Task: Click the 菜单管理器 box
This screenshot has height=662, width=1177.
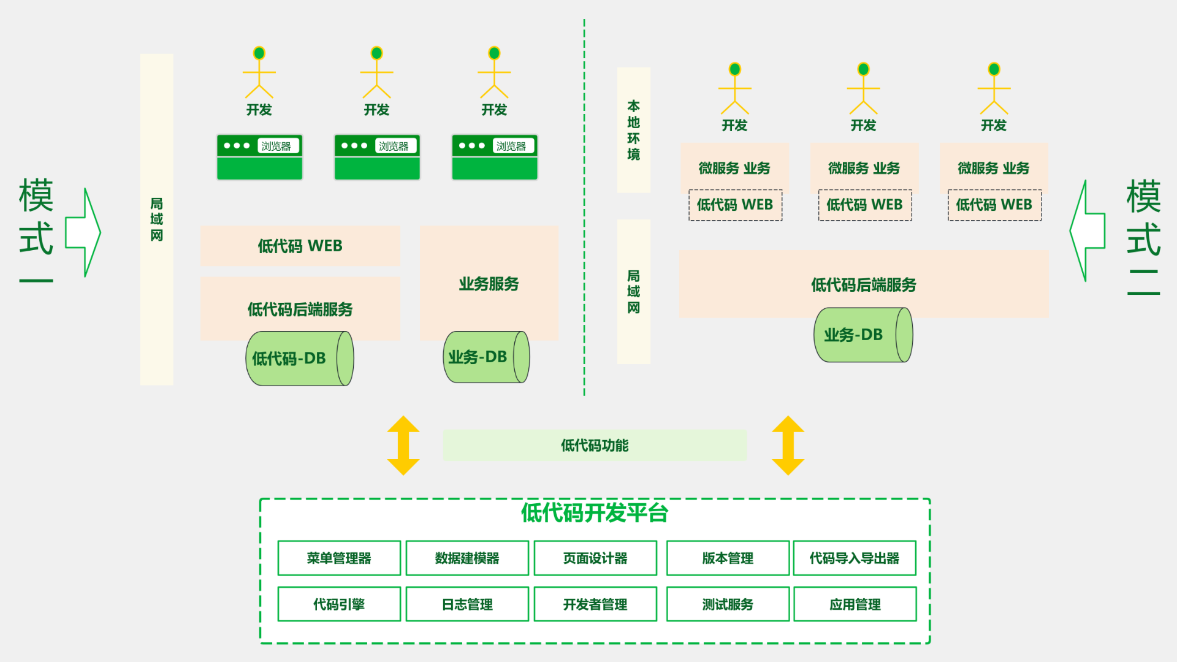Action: (339, 558)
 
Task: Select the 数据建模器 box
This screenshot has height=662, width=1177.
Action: (467, 558)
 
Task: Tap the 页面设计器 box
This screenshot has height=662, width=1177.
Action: (595, 558)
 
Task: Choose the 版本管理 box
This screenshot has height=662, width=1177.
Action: (728, 558)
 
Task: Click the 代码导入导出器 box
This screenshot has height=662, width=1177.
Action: (855, 558)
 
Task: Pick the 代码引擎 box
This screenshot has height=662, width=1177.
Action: (339, 604)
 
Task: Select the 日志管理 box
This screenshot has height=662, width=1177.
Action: (467, 604)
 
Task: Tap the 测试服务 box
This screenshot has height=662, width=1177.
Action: (728, 604)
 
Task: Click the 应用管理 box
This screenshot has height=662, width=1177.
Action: (855, 604)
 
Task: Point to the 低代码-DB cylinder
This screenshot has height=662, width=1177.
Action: (299, 359)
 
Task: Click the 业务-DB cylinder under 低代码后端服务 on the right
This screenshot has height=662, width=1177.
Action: (863, 335)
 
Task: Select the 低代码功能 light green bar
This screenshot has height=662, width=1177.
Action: (595, 445)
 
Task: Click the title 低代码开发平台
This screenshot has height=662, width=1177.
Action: (595, 512)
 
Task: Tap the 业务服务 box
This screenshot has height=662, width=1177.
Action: (489, 283)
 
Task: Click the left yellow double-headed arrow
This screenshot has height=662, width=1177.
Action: (403, 446)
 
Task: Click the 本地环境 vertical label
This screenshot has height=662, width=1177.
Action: (633, 130)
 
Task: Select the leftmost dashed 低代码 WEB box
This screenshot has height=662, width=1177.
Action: (735, 205)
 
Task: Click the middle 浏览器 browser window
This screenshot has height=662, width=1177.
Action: (377, 158)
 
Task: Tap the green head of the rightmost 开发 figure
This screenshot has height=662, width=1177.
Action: (994, 69)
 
